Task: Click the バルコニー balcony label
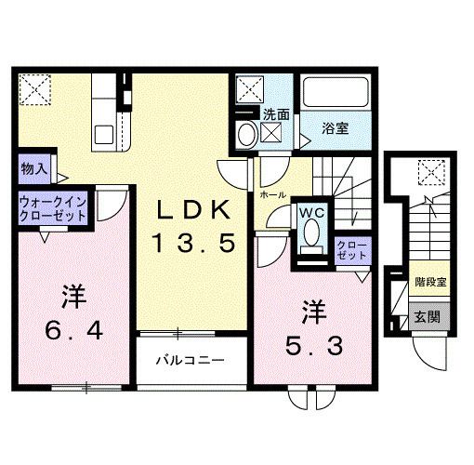pos(189,359)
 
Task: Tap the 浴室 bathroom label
pos(336,128)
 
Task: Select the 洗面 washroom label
pos(275,114)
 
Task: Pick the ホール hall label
pos(272,195)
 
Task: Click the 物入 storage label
pos(36,171)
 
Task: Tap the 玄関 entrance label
pos(428,315)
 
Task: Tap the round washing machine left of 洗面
pos(246,134)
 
